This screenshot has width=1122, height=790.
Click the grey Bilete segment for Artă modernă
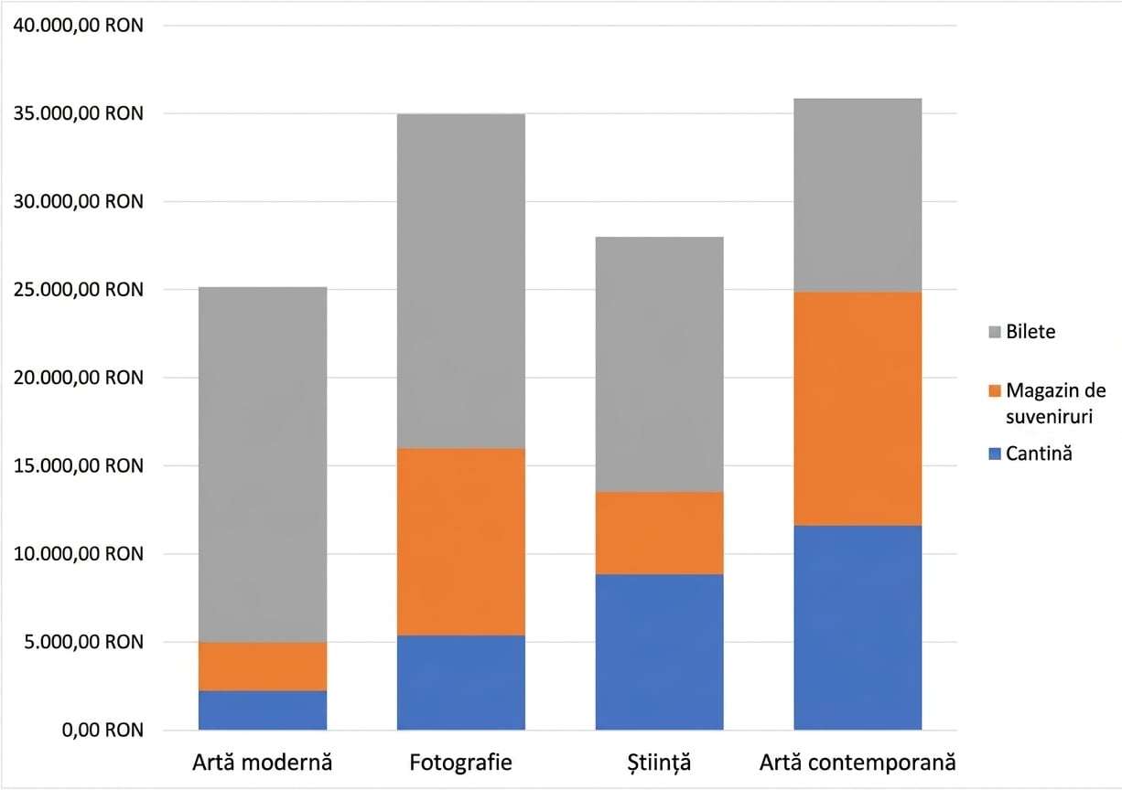click(263, 464)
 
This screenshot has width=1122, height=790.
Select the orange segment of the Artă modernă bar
click(263, 667)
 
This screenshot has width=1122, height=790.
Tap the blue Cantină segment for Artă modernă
click(263, 710)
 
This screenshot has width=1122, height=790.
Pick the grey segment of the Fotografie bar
click(461, 282)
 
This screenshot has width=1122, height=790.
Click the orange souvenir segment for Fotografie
click(461, 542)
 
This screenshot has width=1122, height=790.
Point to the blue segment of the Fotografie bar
click(461, 683)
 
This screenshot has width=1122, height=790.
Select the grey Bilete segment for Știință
click(659, 364)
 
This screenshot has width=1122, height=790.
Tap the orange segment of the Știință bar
click(659, 533)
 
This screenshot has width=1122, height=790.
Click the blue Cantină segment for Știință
click(659, 652)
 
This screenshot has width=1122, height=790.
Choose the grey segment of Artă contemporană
click(858, 195)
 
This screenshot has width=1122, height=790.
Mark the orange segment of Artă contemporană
click(858, 409)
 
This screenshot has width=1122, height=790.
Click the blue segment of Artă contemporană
click(858, 628)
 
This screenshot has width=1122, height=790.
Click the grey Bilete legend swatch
click(995, 332)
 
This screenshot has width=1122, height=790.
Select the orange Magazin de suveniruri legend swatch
click(995, 390)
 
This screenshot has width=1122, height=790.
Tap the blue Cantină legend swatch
click(995, 454)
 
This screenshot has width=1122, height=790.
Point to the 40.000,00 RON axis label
click(78, 25)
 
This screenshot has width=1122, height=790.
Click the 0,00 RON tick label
click(102, 730)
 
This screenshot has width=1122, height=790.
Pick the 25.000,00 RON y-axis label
click(78, 289)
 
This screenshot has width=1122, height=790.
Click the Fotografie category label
click(461, 763)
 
